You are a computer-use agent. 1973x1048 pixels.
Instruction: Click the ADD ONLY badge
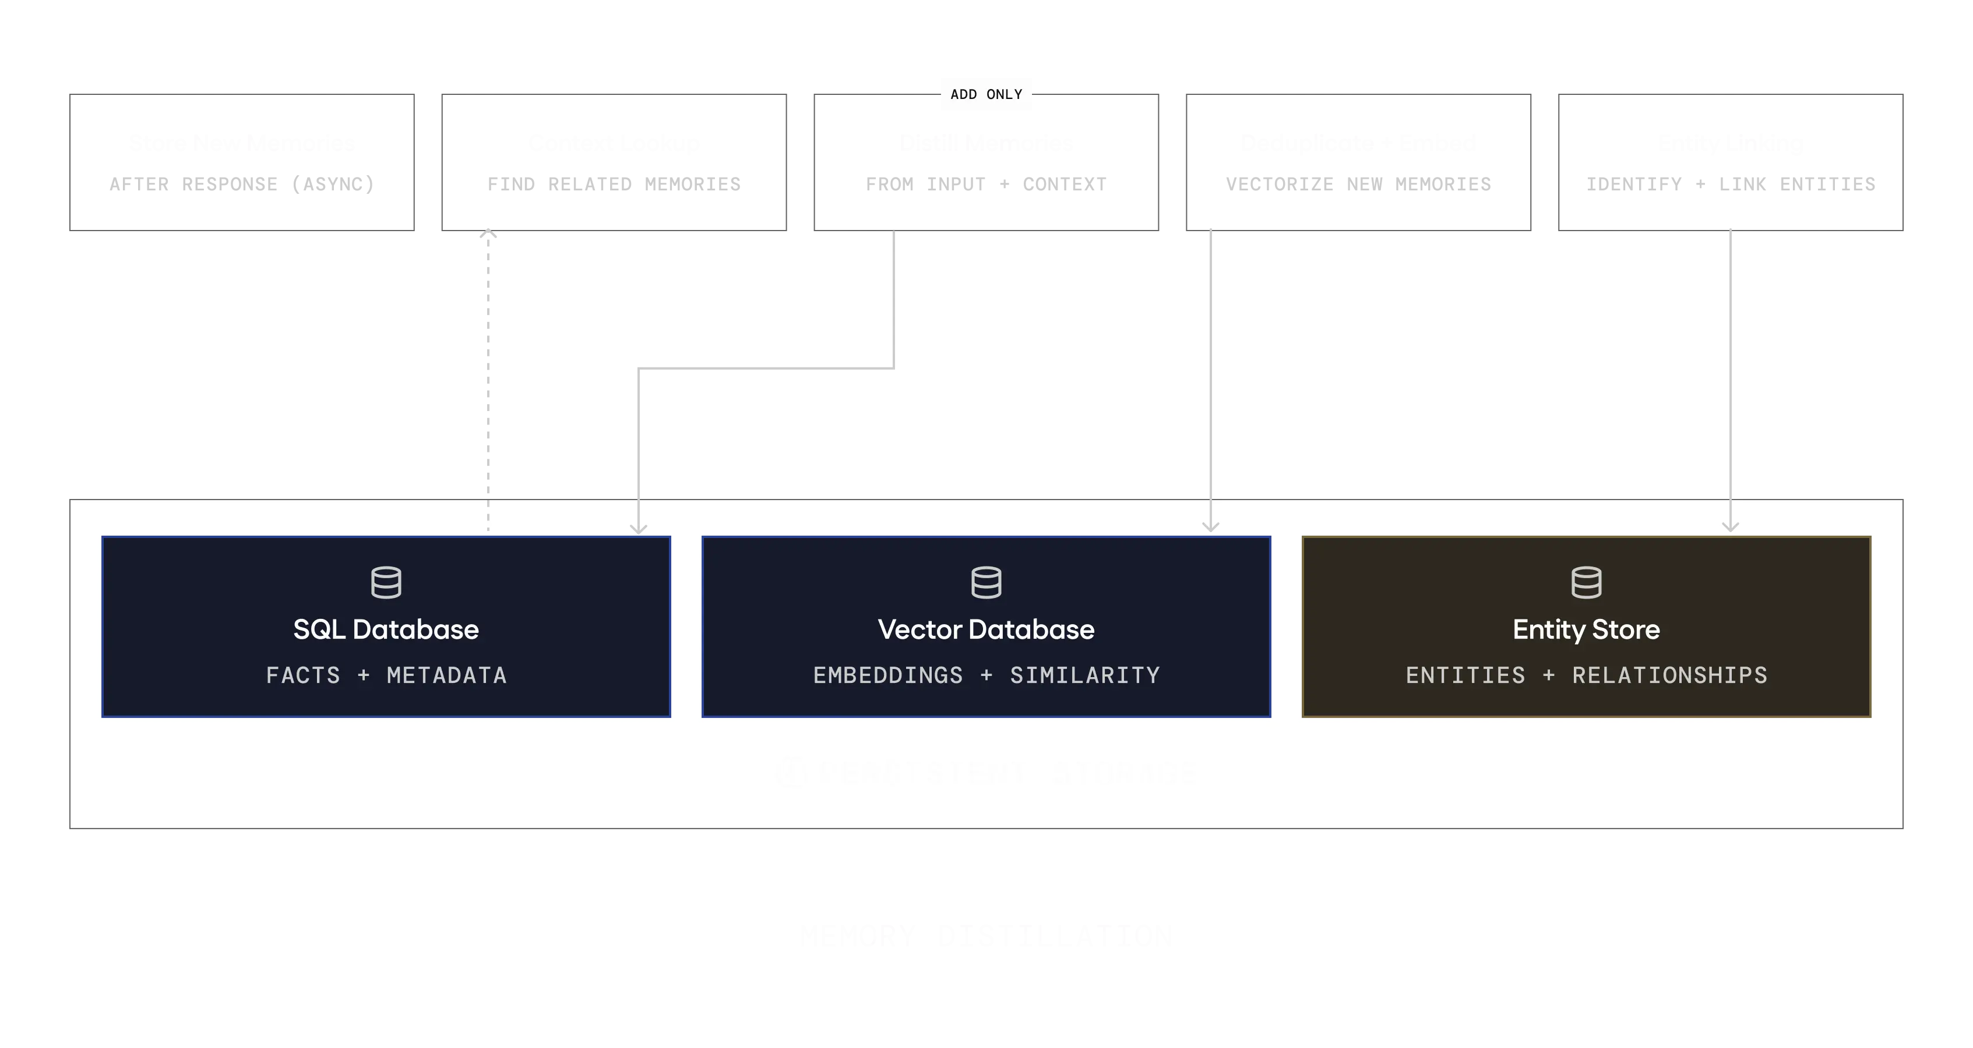(986, 94)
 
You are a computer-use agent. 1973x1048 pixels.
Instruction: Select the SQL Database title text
(386, 629)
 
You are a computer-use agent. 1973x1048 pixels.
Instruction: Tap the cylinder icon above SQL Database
(386, 583)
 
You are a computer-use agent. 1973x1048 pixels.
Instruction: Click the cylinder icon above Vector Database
(986, 583)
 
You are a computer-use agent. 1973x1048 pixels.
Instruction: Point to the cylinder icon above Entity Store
(1586, 583)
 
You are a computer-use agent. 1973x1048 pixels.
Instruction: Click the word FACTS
(302, 675)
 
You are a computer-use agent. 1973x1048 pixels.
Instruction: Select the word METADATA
(446, 675)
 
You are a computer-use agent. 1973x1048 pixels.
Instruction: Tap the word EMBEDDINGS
(887, 675)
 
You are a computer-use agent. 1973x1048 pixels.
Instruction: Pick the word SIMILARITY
(1084, 675)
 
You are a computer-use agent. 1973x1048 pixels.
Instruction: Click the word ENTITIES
(1465, 675)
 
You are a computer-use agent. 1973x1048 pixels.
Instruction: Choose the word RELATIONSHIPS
(1669, 675)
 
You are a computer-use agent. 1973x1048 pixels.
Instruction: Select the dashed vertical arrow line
(487, 367)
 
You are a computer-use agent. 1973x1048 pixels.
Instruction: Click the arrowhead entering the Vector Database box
(1210, 525)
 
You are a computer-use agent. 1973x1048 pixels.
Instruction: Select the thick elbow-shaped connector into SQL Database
(766, 368)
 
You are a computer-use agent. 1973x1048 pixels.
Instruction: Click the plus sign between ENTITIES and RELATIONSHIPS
(1549, 675)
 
